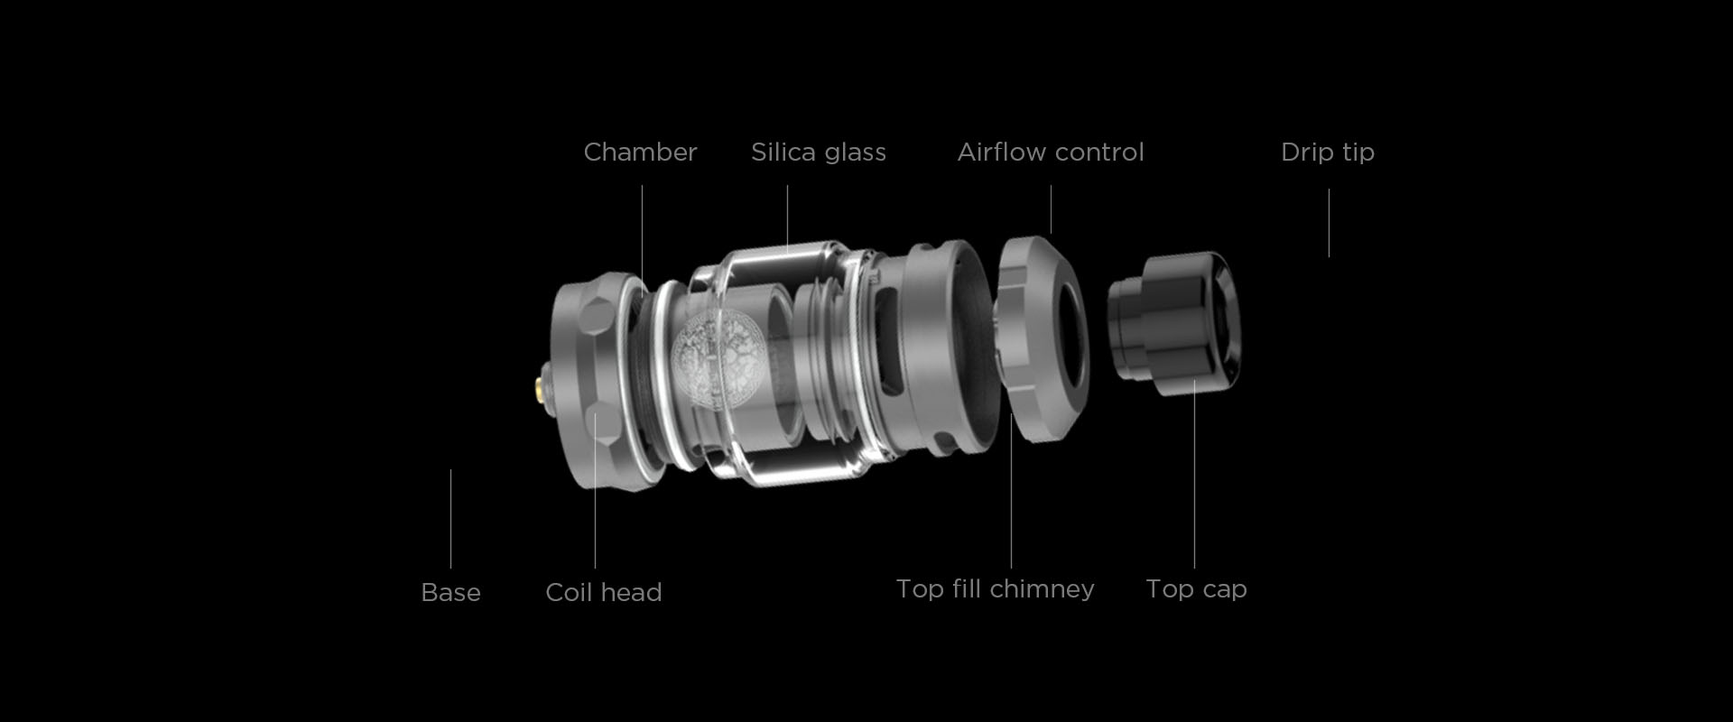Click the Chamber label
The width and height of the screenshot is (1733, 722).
[640, 152]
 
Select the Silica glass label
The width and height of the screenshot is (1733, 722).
[819, 152]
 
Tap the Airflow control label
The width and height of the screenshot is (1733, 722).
[1051, 152]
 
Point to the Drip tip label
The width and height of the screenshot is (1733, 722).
[1328, 153]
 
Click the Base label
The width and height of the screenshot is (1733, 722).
[450, 592]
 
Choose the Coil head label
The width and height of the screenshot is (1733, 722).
[604, 592]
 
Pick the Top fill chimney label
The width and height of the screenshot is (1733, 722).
[995, 589]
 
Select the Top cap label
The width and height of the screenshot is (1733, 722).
[1196, 589]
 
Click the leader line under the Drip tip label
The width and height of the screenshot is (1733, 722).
[1329, 223]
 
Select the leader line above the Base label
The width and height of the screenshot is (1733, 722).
[450, 519]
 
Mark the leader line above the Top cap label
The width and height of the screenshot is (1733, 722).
[1194, 474]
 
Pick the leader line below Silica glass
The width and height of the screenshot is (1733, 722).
[787, 218]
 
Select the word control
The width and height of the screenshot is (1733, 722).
[1100, 152]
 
